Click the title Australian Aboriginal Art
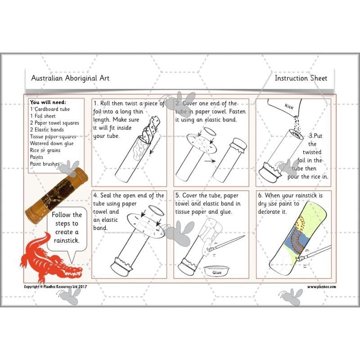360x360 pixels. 70,78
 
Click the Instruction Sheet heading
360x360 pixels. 301,78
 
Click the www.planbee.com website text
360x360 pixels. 322,287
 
